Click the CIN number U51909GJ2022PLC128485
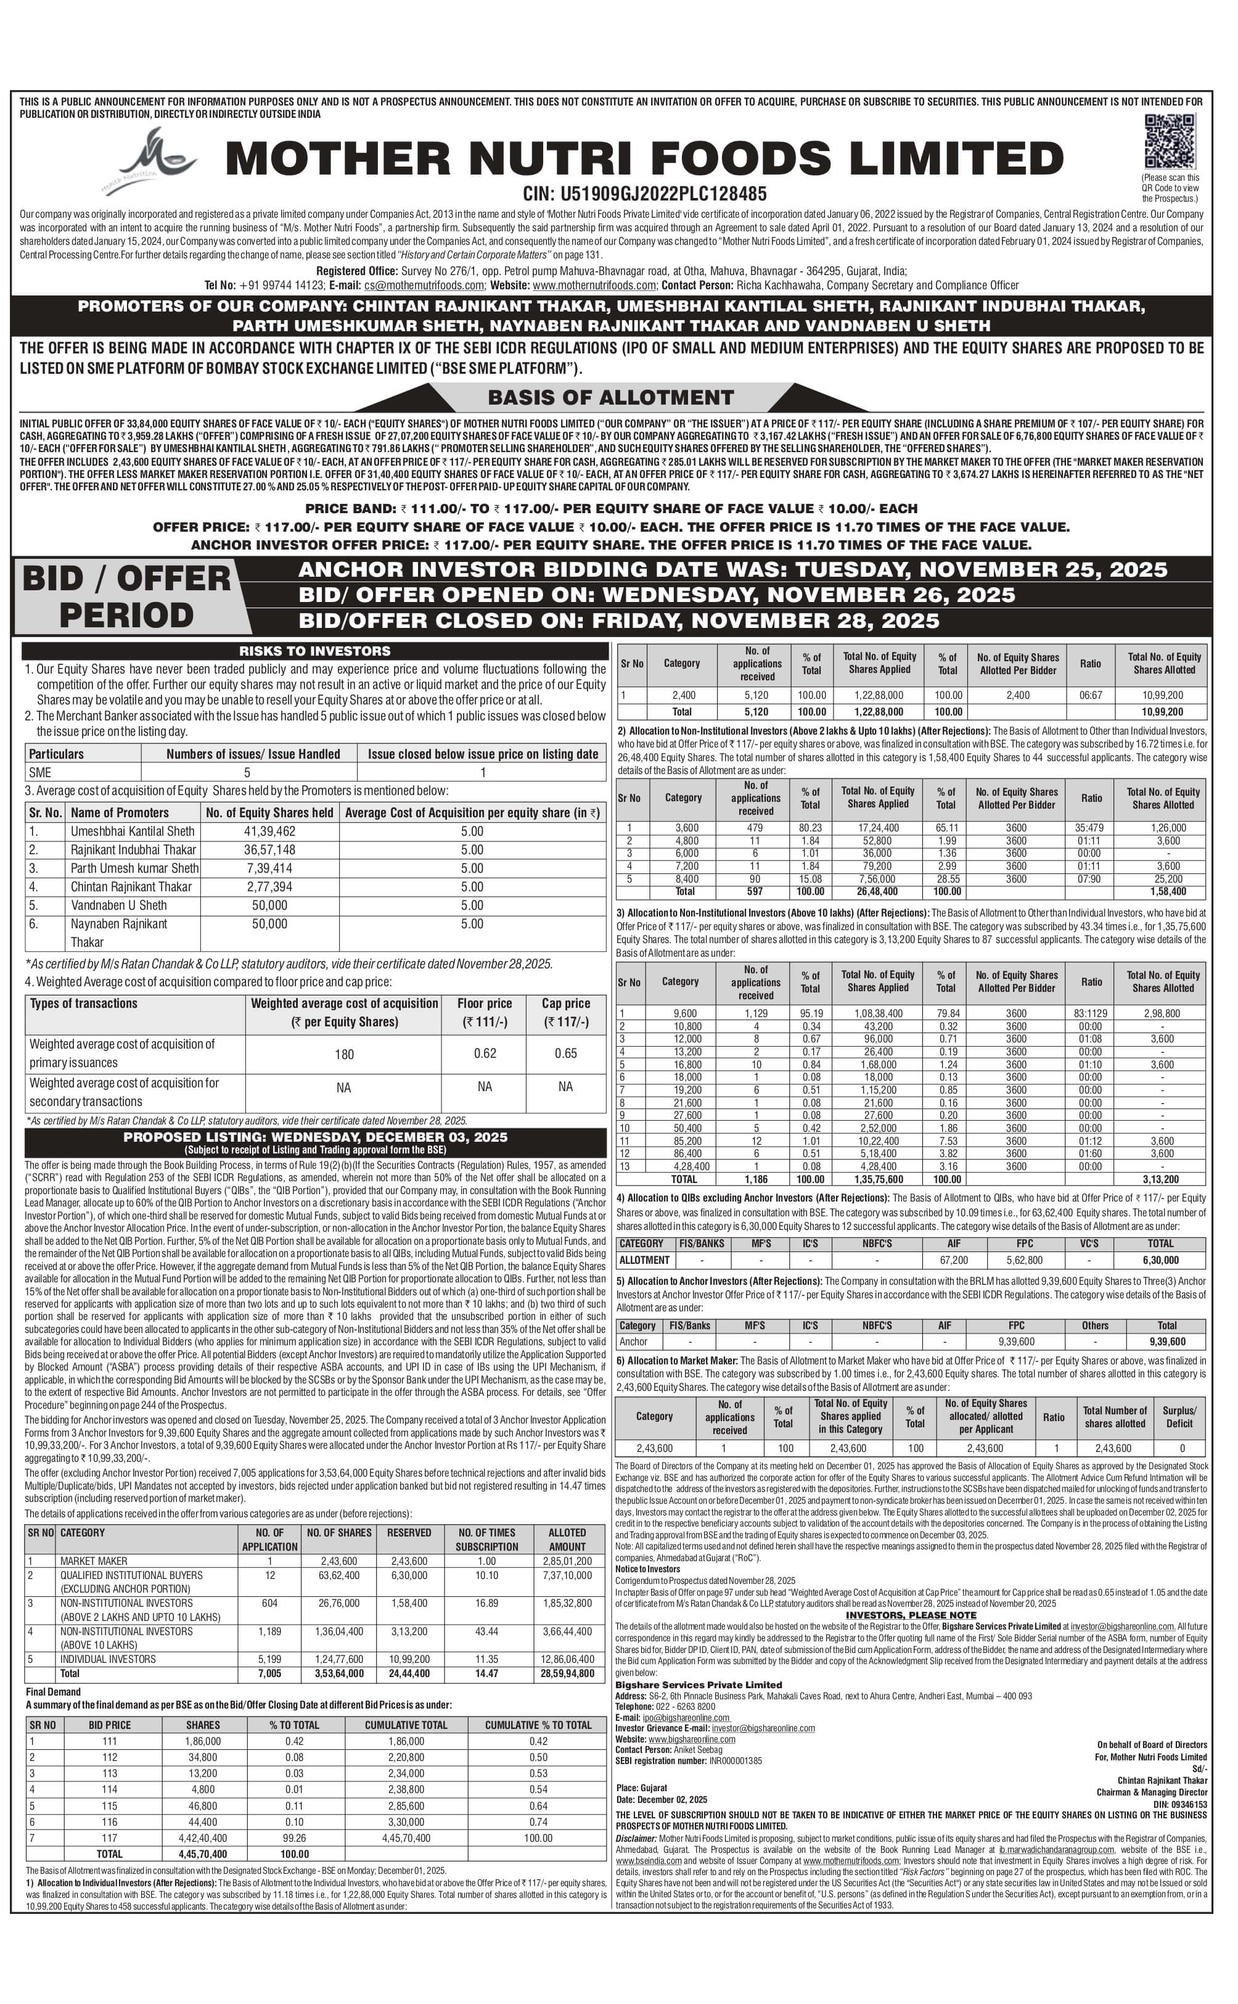tap(644, 194)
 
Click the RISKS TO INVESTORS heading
tap(314, 651)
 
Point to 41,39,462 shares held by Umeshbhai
tap(269, 831)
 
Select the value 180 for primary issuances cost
tap(344, 1054)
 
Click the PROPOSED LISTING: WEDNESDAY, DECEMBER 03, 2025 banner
tap(315, 1137)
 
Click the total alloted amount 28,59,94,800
tap(567, 1673)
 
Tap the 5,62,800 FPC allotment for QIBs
tap(1023, 1260)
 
